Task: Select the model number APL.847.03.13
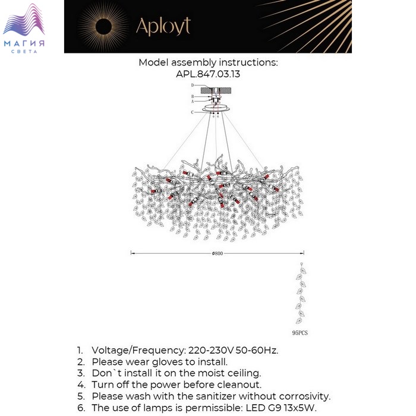208,74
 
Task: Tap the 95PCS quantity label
300,333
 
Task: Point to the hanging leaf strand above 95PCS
302,294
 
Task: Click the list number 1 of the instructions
80,350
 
